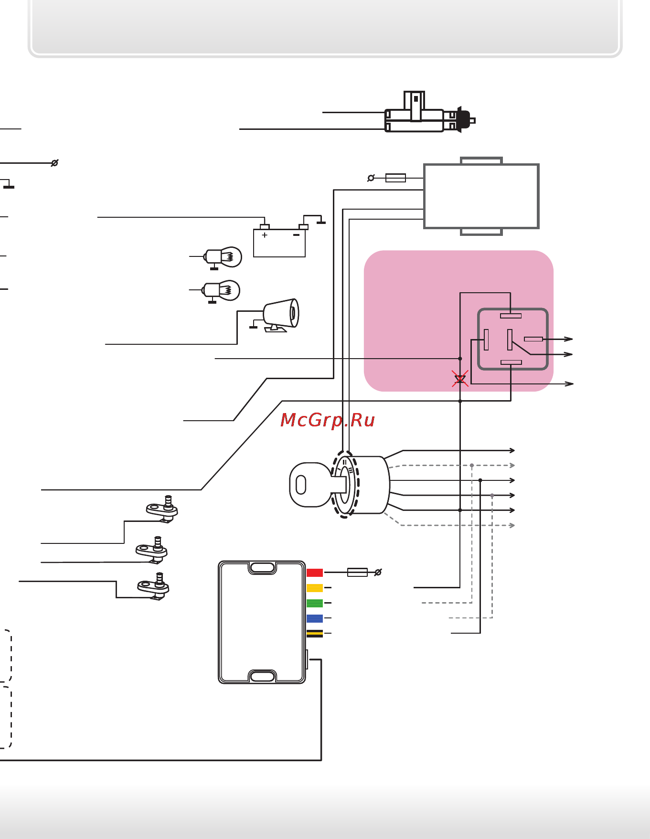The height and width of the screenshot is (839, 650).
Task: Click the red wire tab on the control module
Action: [314, 573]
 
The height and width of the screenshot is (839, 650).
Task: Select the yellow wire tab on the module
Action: [314, 588]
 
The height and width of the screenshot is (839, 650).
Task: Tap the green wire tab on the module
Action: [314, 603]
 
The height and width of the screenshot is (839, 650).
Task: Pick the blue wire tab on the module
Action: [314, 618]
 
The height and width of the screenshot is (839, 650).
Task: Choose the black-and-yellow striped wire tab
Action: [314, 634]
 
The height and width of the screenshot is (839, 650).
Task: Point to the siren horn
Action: [282, 314]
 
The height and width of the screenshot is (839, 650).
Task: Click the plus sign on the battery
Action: [265, 235]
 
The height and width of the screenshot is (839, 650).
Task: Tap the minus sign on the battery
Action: [296, 235]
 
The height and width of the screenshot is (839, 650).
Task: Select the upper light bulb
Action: [224, 257]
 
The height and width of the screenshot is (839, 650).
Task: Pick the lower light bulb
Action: [222, 290]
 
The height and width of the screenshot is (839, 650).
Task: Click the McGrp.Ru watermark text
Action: [328, 420]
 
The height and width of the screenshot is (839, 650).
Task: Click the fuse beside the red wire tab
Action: [357, 572]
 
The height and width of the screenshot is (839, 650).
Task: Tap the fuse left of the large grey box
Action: [395, 178]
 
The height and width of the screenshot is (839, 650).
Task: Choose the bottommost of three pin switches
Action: [154, 586]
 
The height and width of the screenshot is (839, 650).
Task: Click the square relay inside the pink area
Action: [512, 339]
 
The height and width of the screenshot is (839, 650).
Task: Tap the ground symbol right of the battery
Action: [321, 222]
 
